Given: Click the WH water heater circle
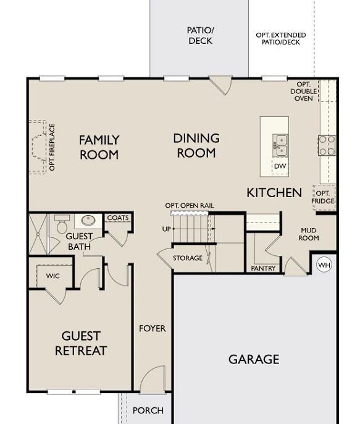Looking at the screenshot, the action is [x=324, y=265].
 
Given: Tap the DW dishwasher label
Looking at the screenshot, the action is [x=280, y=166].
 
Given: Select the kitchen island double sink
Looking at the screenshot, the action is [x=280, y=145].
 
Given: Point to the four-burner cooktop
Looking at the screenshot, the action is [x=327, y=145].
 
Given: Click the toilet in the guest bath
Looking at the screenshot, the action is [x=62, y=224].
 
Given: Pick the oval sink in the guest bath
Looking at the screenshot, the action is [x=88, y=221].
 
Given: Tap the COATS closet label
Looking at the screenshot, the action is [x=118, y=218].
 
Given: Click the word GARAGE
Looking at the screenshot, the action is [x=254, y=359].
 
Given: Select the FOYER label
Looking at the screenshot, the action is [x=153, y=328].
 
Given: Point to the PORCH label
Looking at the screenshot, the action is [x=148, y=410].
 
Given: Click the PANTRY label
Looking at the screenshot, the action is [x=263, y=268].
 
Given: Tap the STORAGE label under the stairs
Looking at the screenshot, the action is [x=188, y=258].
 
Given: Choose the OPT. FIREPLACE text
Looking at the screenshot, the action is [x=52, y=147].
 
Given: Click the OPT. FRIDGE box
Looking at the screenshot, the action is [x=324, y=197].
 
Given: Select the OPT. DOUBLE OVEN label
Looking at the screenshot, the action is [x=303, y=91].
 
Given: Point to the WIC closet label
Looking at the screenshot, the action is [x=52, y=276].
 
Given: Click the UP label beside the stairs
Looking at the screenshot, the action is [x=166, y=229].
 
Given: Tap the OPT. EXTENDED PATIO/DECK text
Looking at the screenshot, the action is [x=281, y=39].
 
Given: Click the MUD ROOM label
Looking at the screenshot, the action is [x=308, y=234].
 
